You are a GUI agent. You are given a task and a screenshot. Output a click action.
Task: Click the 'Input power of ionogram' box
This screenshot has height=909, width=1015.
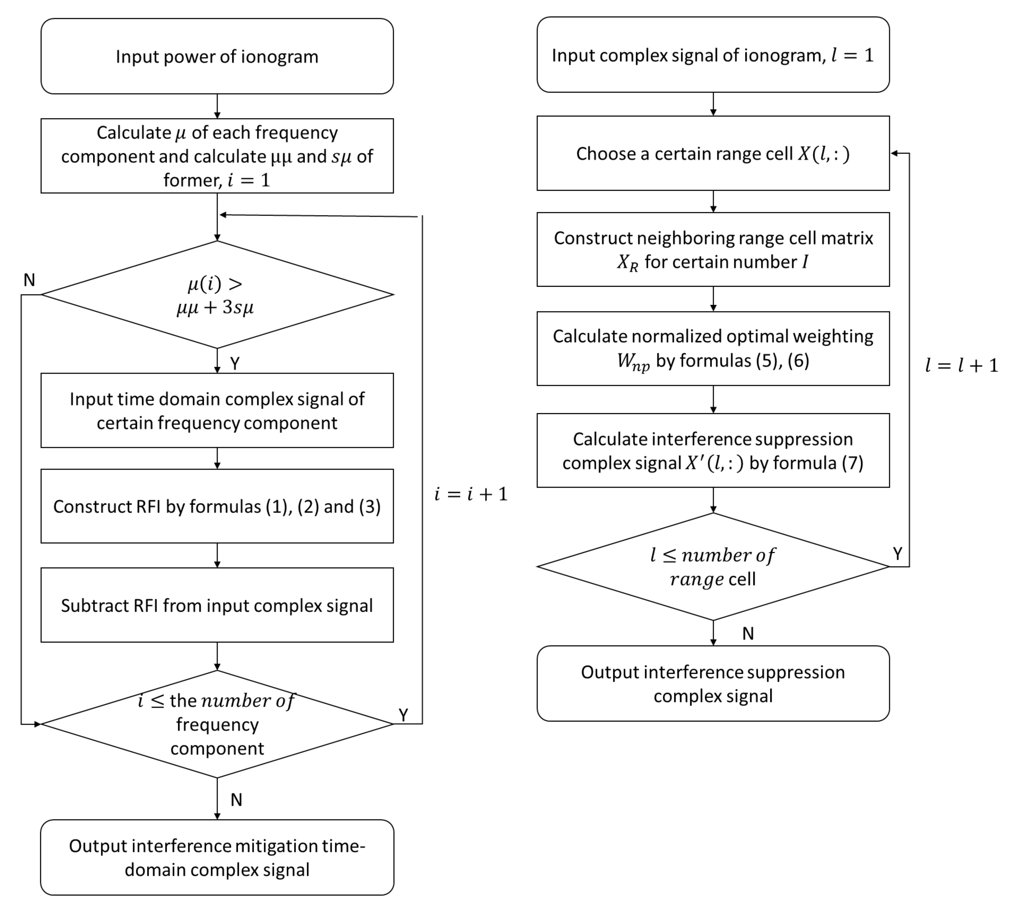[217, 57]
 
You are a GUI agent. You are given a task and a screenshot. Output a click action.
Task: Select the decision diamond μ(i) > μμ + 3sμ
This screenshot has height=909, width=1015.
[217, 295]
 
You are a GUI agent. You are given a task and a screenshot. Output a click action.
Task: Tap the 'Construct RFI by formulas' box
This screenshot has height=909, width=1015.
[217, 506]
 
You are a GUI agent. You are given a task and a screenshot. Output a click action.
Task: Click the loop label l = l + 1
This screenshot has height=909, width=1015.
[961, 365]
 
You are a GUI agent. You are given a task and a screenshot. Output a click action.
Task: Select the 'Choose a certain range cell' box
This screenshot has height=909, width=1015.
[713, 153]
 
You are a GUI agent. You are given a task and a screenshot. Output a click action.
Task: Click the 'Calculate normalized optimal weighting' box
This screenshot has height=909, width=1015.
[713, 348]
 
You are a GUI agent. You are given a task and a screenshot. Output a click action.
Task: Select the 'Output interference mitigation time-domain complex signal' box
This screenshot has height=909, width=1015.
[217, 857]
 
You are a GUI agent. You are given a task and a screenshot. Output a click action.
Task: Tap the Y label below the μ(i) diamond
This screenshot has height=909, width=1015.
[235, 363]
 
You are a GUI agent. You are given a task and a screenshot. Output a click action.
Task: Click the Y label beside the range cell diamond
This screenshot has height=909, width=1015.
[898, 553]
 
